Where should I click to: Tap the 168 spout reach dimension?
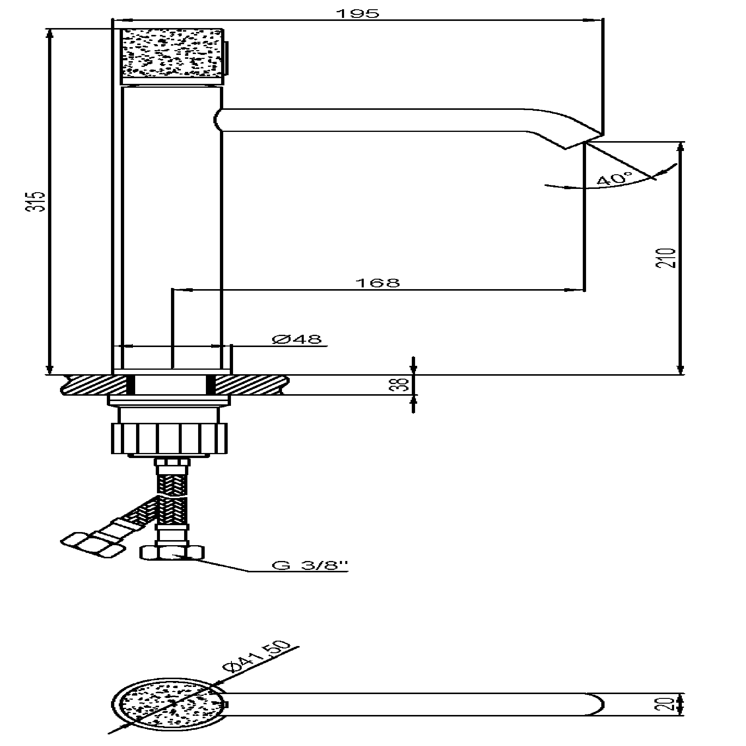tap(377, 283)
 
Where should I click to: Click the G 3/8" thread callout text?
tap(309, 566)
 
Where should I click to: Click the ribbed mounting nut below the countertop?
tap(169, 438)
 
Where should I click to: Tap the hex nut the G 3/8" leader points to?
tap(172, 553)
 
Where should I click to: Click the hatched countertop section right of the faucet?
tap(251, 385)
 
